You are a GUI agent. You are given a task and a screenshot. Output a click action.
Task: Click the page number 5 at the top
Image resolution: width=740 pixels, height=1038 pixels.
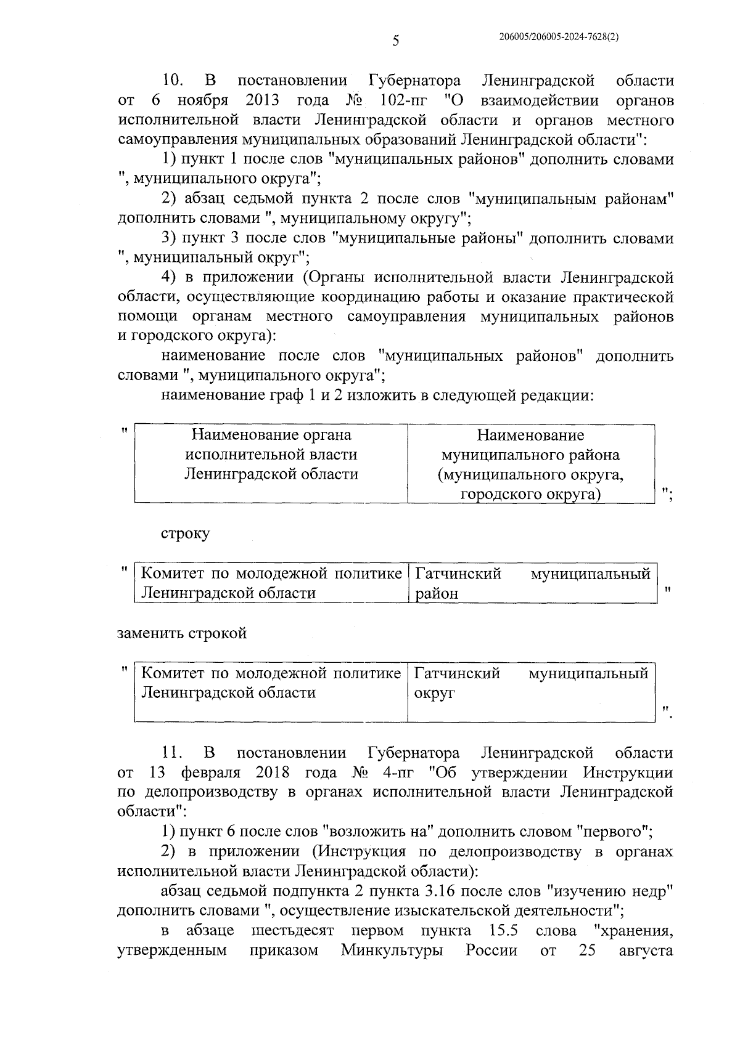pyautogui.click(x=396, y=41)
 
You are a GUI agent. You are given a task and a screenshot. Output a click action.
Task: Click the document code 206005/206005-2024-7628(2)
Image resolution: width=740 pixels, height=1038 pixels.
pyautogui.click(x=559, y=37)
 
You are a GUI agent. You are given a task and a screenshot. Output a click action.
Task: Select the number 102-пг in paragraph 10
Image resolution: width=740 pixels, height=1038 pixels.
pyautogui.click(x=400, y=100)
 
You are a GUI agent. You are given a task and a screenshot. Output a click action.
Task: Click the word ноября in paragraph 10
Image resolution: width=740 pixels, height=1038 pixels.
pyautogui.click(x=203, y=100)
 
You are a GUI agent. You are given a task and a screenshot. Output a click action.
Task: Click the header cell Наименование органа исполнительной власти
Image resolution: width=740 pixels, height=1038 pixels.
pyautogui.click(x=271, y=455)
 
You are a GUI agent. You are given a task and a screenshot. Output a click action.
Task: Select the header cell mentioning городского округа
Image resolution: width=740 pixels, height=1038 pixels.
pyautogui.click(x=530, y=464)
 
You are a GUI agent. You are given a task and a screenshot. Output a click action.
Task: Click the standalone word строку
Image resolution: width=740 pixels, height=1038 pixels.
pyautogui.click(x=185, y=533)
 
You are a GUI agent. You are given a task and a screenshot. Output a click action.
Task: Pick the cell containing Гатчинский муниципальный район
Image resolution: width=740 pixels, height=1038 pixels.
pyautogui.click(x=532, y=583)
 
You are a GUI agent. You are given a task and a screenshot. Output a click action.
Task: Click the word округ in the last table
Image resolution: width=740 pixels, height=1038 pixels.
pyautogui.click(x=434, y=692)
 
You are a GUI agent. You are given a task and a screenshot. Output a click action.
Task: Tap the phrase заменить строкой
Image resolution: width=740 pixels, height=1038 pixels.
pyautogui.click(x=182, y=633)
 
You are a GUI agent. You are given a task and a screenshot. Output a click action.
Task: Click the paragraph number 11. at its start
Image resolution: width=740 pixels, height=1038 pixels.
pyautogui.click(x=173, y=753)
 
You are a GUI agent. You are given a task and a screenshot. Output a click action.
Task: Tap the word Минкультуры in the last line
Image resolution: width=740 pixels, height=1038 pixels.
pyautogui.click(x=392, y=950)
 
